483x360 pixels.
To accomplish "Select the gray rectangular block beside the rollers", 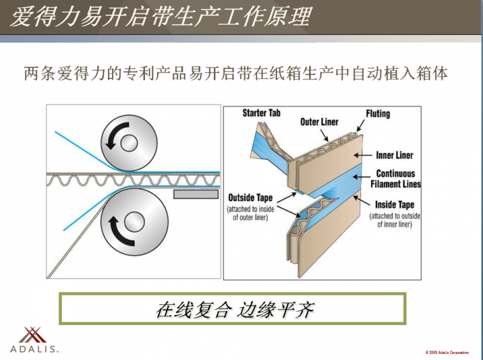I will point(196,194).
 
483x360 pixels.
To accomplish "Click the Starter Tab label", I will point(261,113).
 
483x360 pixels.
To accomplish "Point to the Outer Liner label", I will point(319,122).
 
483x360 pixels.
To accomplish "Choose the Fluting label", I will point(378,113).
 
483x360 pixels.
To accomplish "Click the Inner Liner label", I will point(394,156).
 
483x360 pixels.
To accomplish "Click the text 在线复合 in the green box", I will point(193,310).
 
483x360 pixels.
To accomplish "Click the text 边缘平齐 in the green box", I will point(276,310).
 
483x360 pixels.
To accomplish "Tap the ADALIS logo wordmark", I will point(35,349).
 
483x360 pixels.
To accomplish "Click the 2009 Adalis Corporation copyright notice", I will point(447,352).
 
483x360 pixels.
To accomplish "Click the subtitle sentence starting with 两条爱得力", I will point(235,73).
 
